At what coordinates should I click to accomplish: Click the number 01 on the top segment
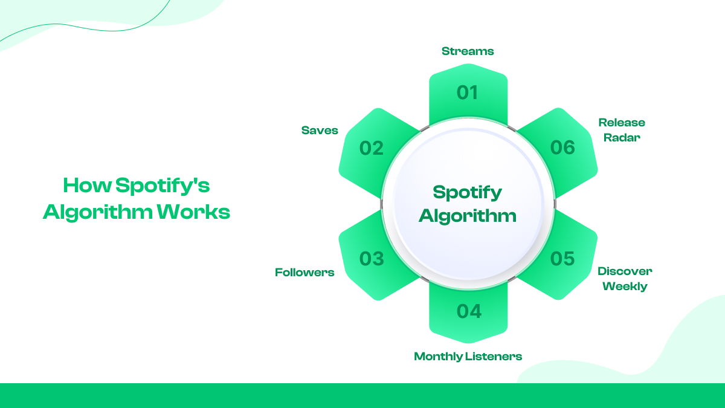[x=467, y=92]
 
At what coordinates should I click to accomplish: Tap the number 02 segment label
[x=372, y=148]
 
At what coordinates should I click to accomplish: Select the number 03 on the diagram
[x=372, y=259]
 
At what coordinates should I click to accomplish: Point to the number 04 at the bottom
[x=469, y=311]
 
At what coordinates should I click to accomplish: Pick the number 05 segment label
[x=562, y=259]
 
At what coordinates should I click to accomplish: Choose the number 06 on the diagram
[x=562, y=147]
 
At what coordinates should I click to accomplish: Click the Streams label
[x=468, y=51]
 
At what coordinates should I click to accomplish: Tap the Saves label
[x=320, y=131]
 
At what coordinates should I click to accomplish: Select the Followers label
[x=304, y=273]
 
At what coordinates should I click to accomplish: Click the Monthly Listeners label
[x=468, y=357]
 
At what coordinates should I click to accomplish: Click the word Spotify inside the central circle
[x=468, y=193]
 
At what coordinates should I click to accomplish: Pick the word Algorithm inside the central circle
[x=468, y=215]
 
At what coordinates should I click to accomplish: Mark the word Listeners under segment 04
[x=494, y=357]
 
